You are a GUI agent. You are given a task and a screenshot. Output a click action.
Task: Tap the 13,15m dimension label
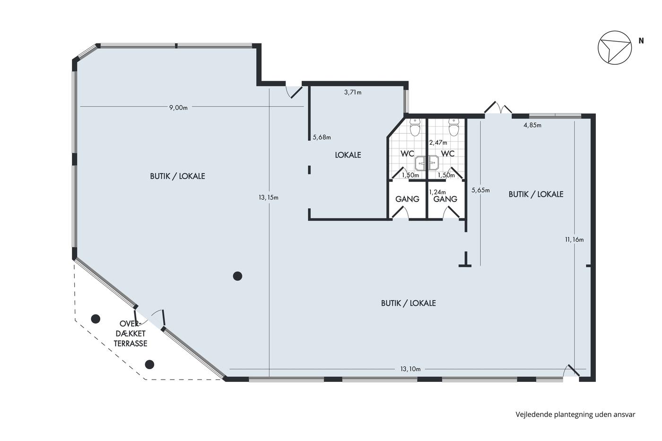[x=269, y=198]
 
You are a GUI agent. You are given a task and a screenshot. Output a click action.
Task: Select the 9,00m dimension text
[x=178, y=108]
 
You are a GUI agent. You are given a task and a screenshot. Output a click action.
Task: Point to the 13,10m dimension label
[x=410, y=369]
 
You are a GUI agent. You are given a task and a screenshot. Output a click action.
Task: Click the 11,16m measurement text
[x=574, y=240]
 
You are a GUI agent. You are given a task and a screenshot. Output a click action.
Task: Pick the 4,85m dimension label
[x=532, y=125]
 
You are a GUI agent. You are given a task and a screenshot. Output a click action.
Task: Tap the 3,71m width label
[x=353, y=93]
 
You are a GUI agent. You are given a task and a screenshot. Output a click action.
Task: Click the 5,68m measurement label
[x=322, y=138]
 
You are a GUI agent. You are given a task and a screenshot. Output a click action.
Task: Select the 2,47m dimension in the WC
[x=438, y=143]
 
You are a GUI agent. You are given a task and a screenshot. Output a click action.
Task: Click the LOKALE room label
[x=348, y=155]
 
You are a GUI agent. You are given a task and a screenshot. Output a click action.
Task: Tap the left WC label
[x=407, y=154]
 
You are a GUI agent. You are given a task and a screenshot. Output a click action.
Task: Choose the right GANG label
[x=445, y=199]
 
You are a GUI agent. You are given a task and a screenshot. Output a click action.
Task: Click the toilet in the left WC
[x=415, y=128]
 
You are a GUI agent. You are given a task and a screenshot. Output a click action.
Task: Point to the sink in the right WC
[x=434, y=163]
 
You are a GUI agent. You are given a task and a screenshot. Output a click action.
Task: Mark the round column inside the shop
[x=237, y=276]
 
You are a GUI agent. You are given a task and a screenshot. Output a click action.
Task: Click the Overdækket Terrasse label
[x=131, y=334]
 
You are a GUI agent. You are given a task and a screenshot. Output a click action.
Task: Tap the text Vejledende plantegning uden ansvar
[x=575, y=415]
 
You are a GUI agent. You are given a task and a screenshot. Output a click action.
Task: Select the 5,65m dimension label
[x=480, y=190]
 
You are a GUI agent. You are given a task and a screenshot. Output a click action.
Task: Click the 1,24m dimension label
[x=437, y=192]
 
